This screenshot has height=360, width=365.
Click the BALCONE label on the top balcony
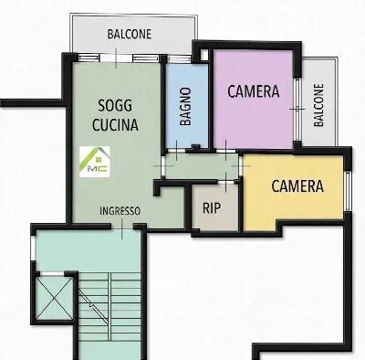coord(130,34)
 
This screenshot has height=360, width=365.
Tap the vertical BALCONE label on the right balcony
coord(318,105)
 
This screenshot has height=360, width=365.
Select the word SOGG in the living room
coord(115,106)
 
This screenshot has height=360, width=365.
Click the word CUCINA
coord(115,124)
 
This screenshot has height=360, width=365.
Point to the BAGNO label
coord(185,106)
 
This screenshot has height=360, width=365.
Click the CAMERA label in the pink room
coord(254,91)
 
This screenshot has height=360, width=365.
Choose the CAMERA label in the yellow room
coord(297,186)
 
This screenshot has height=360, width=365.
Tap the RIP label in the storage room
coord(212,208)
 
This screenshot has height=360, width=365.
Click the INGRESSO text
coord(120,211)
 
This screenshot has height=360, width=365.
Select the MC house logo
coord(95,162)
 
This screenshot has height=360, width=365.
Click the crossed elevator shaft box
coord(55,298)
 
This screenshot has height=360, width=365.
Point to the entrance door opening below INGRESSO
coord(121,227)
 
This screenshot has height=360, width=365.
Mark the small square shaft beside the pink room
coord(204,55)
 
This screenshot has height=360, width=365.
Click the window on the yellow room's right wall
coord(349,191)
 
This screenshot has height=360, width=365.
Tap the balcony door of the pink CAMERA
coord(297,109)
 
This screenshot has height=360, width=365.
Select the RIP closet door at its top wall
coord(225,182)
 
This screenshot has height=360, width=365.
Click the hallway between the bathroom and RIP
coord(202,165)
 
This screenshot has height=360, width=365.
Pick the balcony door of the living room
coord(116,58)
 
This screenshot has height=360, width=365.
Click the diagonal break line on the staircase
coord(93,307)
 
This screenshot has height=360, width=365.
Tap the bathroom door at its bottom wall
coord(176,151)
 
